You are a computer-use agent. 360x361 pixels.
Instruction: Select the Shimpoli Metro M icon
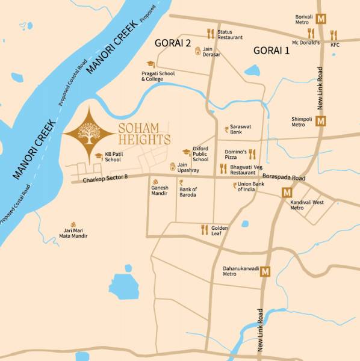click(x=321, y=121)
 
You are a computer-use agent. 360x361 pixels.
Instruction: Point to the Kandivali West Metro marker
click(x=287, y=193)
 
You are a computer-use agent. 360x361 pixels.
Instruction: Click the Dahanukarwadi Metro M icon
click(x=265, y=272)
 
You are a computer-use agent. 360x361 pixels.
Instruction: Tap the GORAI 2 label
click(x=173, y=43)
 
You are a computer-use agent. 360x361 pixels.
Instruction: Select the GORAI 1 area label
click(x=271, y=51)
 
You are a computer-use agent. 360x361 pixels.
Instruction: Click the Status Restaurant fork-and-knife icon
click(x=210, y=34)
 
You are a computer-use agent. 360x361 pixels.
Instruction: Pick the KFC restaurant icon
click(x=334, y=35)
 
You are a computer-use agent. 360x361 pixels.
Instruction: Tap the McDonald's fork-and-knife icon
click(x=311, y=33)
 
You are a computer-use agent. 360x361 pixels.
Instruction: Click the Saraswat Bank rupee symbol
click(x=226, y=129)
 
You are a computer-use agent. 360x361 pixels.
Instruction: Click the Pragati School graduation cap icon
click(x=150, y=64)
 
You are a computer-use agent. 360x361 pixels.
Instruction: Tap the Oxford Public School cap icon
click(x=187, y=152)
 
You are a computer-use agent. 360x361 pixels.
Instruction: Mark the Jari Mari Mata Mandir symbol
click(x=74, y=223)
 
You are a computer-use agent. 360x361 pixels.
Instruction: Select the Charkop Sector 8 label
click(x=105, y=178)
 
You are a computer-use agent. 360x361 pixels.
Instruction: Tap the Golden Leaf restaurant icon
click(x=204, y=229)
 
